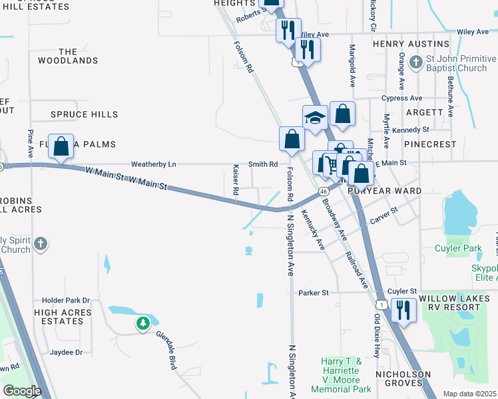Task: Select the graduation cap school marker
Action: (315, 118)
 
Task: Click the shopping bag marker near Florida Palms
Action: (61, 146)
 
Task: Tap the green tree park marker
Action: (142, 324)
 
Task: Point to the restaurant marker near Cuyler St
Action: (403, 310)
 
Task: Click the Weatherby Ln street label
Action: (154, 164)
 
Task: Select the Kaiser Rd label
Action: (236, 180)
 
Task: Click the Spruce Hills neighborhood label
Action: (85, 114)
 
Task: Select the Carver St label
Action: (384, 215)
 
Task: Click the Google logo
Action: (22, 390)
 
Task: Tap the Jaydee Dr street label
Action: (65, 352)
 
